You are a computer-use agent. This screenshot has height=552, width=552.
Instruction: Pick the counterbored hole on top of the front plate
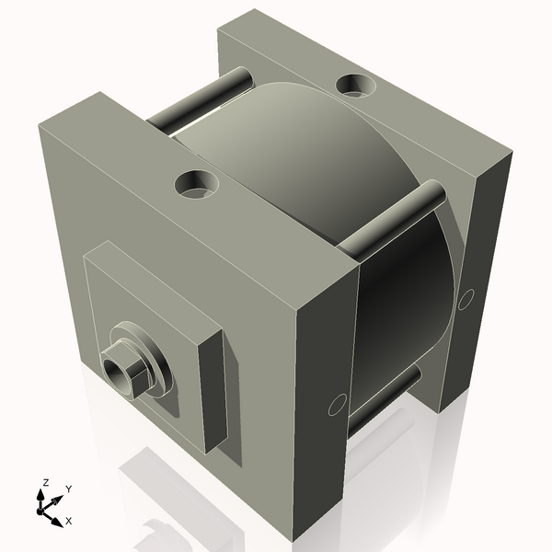(197, 184)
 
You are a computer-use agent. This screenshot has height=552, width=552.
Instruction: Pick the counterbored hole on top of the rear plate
(356, 86)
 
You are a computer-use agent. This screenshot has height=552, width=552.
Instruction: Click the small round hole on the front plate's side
(337, 404)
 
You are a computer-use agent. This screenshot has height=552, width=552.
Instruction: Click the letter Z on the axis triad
(45, 482)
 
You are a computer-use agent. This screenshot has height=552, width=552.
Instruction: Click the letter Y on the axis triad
(69, 489)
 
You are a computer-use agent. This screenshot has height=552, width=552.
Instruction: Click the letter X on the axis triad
(68, 520)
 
